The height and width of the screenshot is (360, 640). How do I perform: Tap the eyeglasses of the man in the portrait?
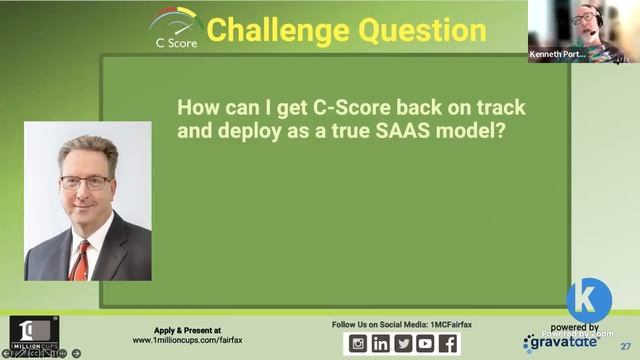pyautogui.click(x=86, y=182)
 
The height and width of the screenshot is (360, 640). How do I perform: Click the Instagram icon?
pyautogui.click(x=357, y=343)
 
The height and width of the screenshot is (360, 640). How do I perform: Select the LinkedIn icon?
pyautogui.click(x=380, y=343)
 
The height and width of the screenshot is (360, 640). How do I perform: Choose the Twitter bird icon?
pyautogui.click(x=403, y=343)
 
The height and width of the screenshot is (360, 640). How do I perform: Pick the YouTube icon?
pyautogui.click(x=425, y=343)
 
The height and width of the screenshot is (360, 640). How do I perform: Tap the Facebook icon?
pyautogui.click(x=448, y=343)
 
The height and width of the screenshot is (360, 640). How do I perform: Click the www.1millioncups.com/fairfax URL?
pyautogui.click(x=188, y=340)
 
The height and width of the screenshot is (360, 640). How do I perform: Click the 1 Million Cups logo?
pyautogui.click(x=33, y=333)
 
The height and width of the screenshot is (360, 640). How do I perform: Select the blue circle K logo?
pyautogui.click(x=589, y=300)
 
